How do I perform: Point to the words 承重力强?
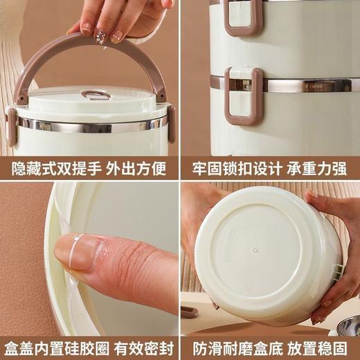tap(318, 168)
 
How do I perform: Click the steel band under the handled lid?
tap(90, 125)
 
